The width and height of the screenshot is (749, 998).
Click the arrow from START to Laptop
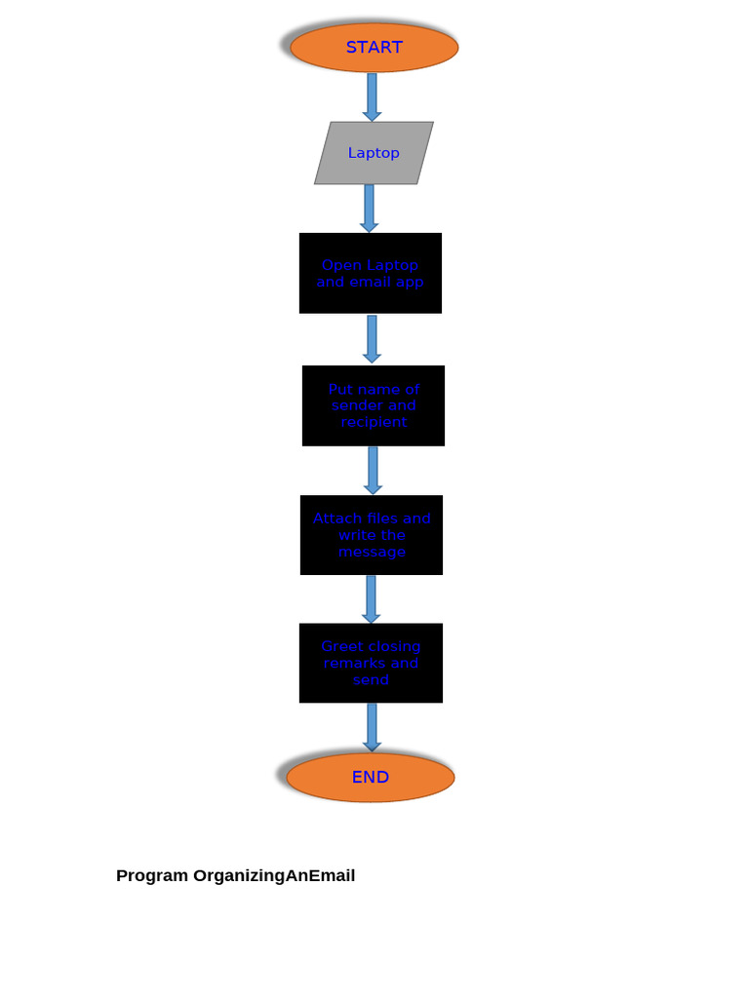pyautogui.click(x=372, y=96)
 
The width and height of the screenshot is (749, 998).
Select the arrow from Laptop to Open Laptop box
pyautogui.click(x=369, y=208)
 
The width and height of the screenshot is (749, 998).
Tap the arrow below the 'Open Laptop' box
pyautogui.click(x=372, y=337)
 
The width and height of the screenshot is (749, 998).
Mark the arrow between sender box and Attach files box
pyautogui.click(x=373, y=470)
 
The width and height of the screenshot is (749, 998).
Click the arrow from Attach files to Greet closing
pyautogui.click(x=371, y=598)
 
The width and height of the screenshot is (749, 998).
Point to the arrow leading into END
pyautogui.click(x=372, y=726)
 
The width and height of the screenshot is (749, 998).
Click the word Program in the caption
pyautogui.click(x=152, y=875)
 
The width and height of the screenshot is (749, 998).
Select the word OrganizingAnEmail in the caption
pyautogui.click(x=274, y=875)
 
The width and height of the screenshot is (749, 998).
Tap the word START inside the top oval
pyautogui.click(x=374, y=47)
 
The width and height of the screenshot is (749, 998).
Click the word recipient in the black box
pyautogui.click(x=374, y=422)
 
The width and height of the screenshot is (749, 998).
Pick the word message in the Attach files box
pyautogui.click(x=372, y=552)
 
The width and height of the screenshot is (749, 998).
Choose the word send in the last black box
pyautogui.click(x=371, y=680)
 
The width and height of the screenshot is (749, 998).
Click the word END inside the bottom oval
pyautogui.click(x=371, y=777)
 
